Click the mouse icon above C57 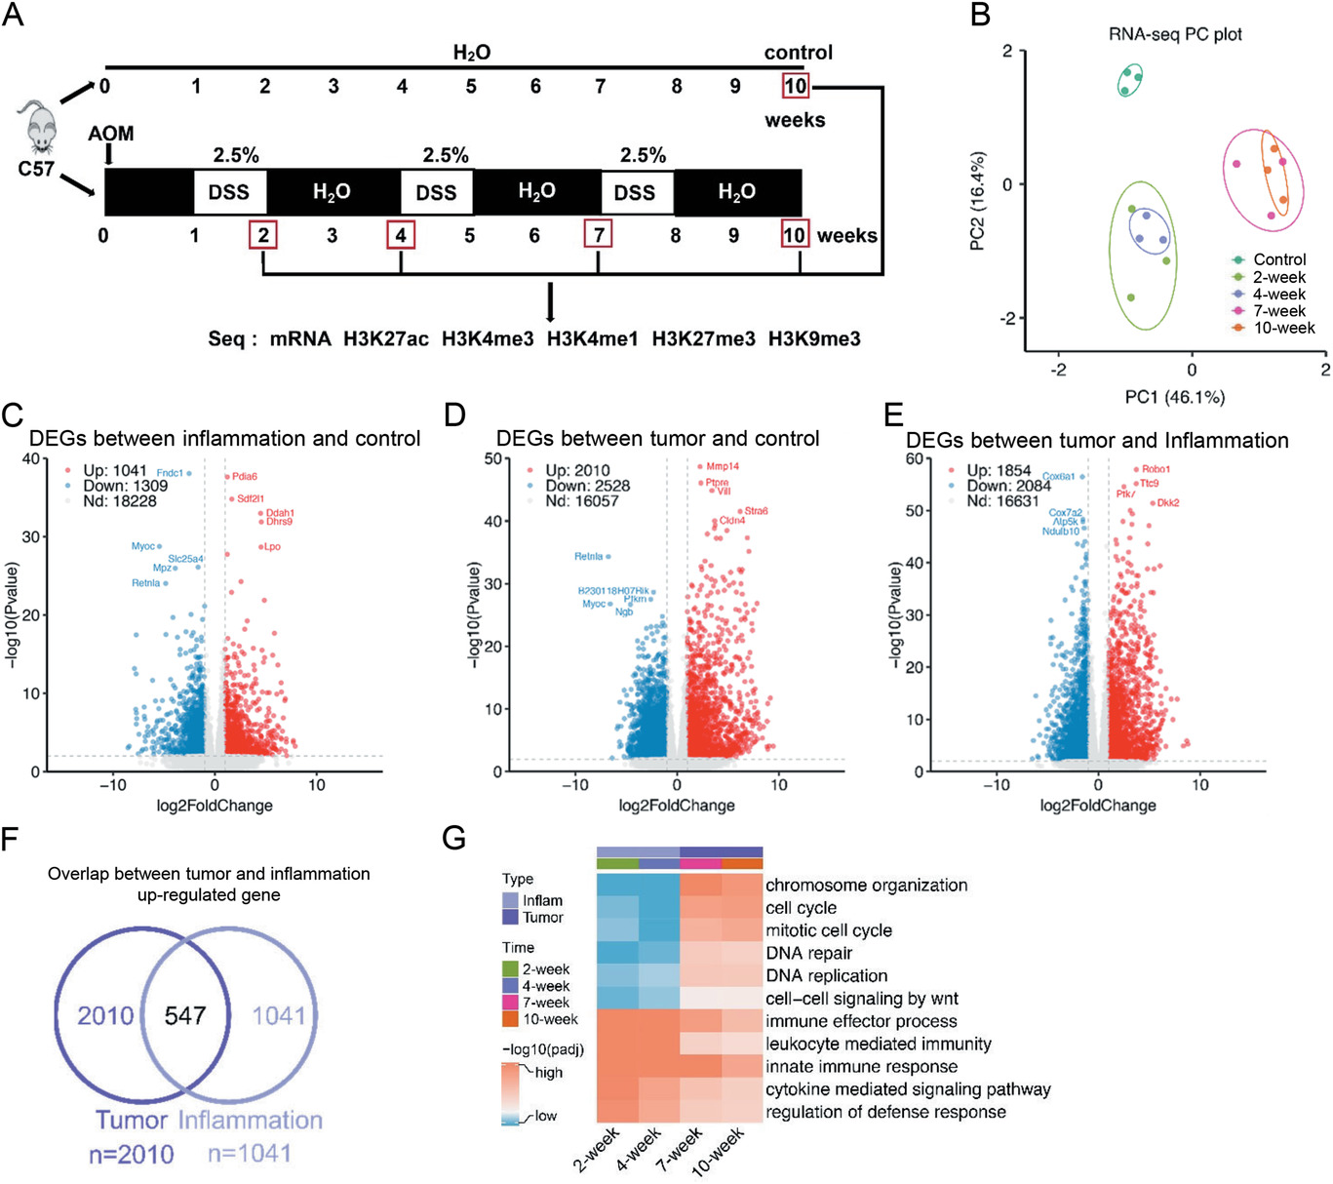(x=40, y=127)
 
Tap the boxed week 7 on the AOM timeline (x=598, y=235)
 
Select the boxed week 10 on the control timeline (x=795, y=86)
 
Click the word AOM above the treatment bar (x=111, y=134)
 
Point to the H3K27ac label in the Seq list (x=385, y=339)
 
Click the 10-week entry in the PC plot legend (x=1283, y=328)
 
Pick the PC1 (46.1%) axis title (x=1174, y=397)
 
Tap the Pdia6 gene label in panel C (x=245, y=477)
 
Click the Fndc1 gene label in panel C (x=170, y=473)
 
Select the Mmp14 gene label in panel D (x=723, y=467)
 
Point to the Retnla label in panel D (x=588, y=557)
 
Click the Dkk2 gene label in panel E (x=1168, y=503)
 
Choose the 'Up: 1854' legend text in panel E (x=999, y=470)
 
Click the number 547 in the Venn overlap (x=185, y=1016)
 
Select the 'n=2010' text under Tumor (x=132, y=1155)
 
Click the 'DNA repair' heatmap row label (x=808, y=954)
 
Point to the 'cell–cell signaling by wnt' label (x=861, y=999)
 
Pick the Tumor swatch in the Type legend (x=511, y=918)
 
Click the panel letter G (x=453, y=838)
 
